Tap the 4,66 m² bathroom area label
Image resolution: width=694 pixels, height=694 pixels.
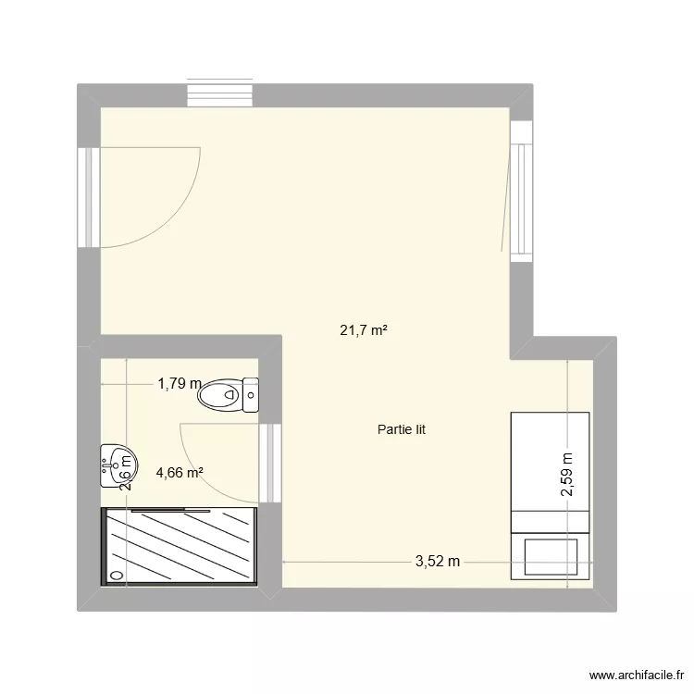pos(180,472)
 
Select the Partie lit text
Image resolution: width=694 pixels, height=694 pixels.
pos(401,429)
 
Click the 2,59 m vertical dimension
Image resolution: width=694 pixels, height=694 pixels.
pos(567,474)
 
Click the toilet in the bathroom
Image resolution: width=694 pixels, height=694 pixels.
pos(228,395)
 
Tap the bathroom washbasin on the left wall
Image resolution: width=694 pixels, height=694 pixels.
pos(118,463)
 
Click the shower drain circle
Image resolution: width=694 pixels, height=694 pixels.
pos(117,575)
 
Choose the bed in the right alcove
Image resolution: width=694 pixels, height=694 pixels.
pos(550,496)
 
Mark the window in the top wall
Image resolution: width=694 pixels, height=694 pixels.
pos(220,95)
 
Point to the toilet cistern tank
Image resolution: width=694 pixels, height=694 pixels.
pos(250,395)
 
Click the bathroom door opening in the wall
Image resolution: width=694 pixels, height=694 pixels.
pos(269,463)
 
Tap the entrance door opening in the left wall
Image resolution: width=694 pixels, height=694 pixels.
pos(89,197)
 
